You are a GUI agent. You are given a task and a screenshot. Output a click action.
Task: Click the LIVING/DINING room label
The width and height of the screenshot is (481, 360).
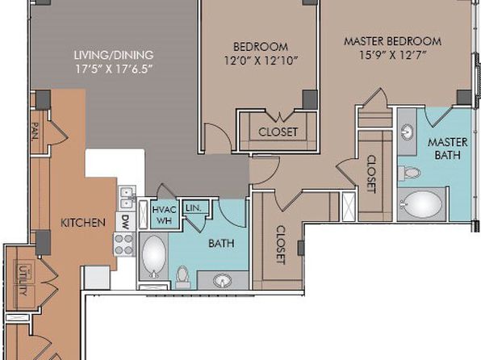(x=114, y=55)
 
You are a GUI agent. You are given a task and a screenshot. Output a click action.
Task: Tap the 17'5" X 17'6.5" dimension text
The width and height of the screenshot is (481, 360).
(x=114, y=69)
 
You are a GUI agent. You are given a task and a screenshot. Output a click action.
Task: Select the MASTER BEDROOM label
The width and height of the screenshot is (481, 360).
(x=393, y=41)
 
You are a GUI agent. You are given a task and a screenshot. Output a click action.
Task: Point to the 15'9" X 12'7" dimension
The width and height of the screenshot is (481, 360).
(x=393, y=55)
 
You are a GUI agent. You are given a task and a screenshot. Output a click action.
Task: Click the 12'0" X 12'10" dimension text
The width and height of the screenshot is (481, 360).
(x=261, y=61)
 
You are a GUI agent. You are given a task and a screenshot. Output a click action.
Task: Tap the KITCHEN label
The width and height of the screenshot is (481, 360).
(x=83, y=223)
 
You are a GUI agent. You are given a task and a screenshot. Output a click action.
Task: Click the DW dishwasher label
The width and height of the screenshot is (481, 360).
(x=125, y=220)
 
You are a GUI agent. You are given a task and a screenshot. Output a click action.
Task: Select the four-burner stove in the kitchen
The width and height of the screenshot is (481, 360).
(x=124, y=245)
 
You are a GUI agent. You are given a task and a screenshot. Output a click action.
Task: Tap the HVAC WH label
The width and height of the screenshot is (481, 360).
(x=165, y=216)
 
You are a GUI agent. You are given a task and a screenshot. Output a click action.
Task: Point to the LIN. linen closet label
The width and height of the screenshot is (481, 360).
(x=194, y=208)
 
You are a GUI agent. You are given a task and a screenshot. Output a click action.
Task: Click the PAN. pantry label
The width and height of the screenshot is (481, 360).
(x=36, y=132)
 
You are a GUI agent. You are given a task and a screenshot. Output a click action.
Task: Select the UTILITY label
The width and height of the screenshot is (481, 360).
(x=23, y=281)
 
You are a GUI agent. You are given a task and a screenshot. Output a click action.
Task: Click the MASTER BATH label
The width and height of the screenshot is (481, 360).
(x=448, y=149)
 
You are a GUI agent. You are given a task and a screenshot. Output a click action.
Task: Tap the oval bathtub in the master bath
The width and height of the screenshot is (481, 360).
(x=421, y=204)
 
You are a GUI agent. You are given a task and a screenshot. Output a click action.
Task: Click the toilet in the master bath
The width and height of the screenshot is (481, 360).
(x=409, y=173)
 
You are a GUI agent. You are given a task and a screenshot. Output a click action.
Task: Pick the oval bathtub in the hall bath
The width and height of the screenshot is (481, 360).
(x=154, y=256)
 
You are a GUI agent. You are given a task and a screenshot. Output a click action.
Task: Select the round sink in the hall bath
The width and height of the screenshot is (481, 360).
(x=223, y=281)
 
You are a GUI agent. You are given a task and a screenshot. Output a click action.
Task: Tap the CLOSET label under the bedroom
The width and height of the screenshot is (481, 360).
(x=278, y=132)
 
